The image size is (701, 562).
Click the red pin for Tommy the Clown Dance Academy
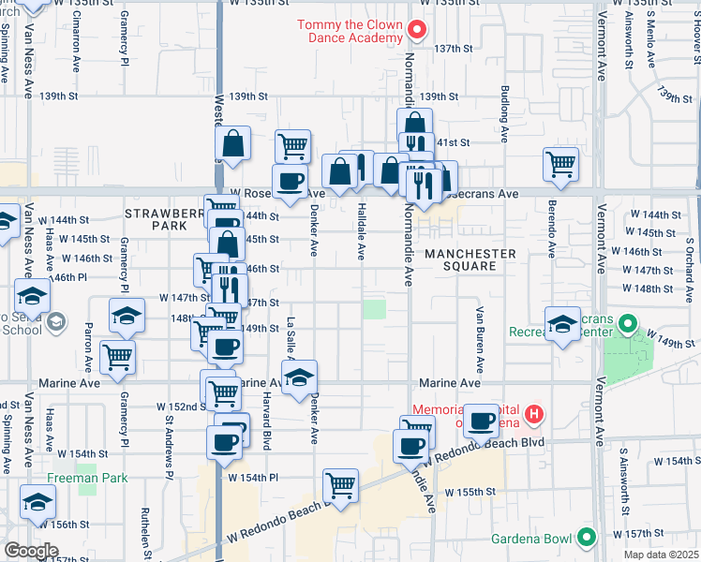[417, 31]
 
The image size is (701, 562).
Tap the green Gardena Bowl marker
[587, 538]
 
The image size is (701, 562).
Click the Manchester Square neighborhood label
[470, 259]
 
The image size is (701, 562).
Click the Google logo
[31, 550]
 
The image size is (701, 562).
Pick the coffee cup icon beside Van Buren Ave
[482, 421]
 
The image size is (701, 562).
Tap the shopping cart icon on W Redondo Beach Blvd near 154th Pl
[340, 486]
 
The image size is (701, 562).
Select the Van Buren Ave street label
[479, 338]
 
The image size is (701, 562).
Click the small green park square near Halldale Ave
[375, 310]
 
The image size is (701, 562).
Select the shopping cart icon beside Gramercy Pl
[117, 357]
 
